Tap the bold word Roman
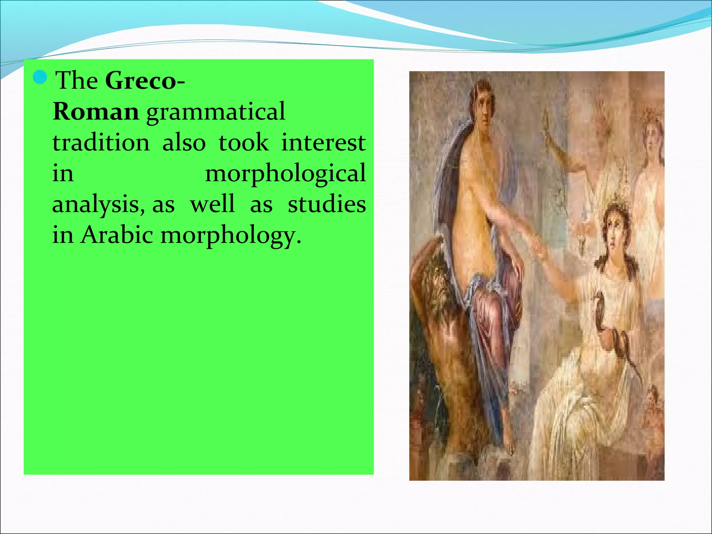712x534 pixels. click(96, 112)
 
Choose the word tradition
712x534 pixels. click(101, 143)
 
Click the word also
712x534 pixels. click(184, 143)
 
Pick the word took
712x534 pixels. click(244, 143)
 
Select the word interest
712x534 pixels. click(323, 143)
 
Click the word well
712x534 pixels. click(212, 204)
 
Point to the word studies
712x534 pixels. click(327, 204)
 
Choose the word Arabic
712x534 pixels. click(117, 235)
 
